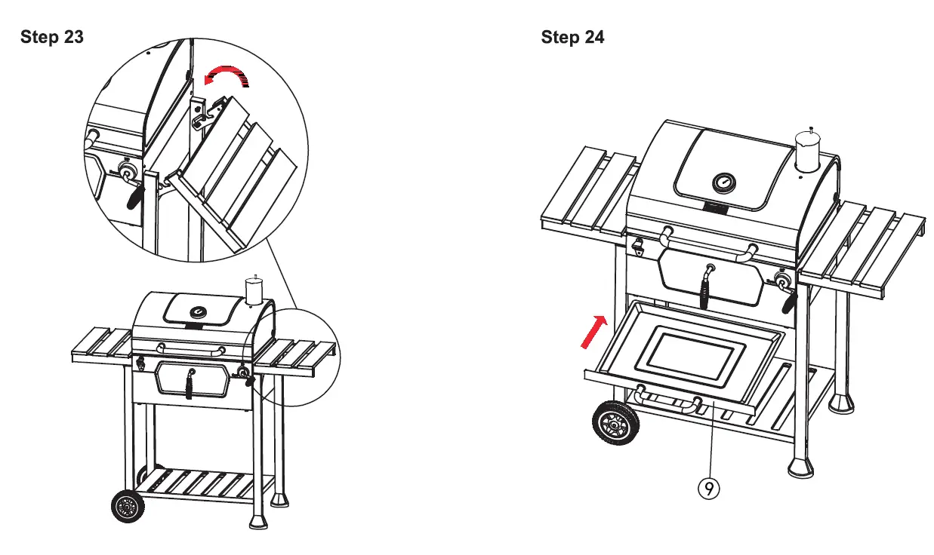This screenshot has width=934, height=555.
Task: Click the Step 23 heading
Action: coord(52,38)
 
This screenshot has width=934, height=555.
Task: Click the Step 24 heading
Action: coord(572,38)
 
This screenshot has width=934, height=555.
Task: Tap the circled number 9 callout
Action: coord(708,489)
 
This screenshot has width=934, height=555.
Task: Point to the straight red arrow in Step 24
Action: coord(594,332)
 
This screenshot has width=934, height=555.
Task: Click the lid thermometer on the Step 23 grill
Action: coord(199,311)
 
